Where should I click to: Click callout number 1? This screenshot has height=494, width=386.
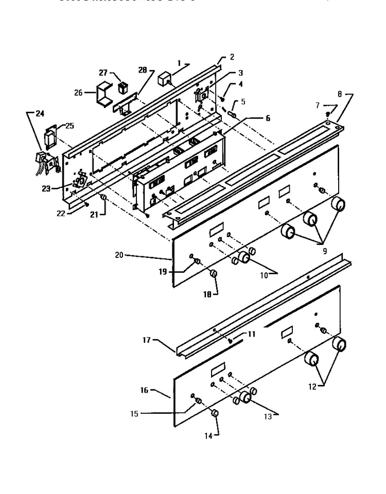pyautogui.click(x=179, y=64)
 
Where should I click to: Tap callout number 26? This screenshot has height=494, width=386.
pyautogui.click(x=78, y=93)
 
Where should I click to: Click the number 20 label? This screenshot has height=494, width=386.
pyautogui.click(x=119, y=254)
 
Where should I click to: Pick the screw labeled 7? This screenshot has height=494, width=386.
pyautogui.click(x=328, y=114)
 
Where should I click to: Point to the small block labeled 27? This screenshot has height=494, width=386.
pyautogui.click(x=122, y=87)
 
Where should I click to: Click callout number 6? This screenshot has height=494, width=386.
pyautogui.click(x=267, y=118)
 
